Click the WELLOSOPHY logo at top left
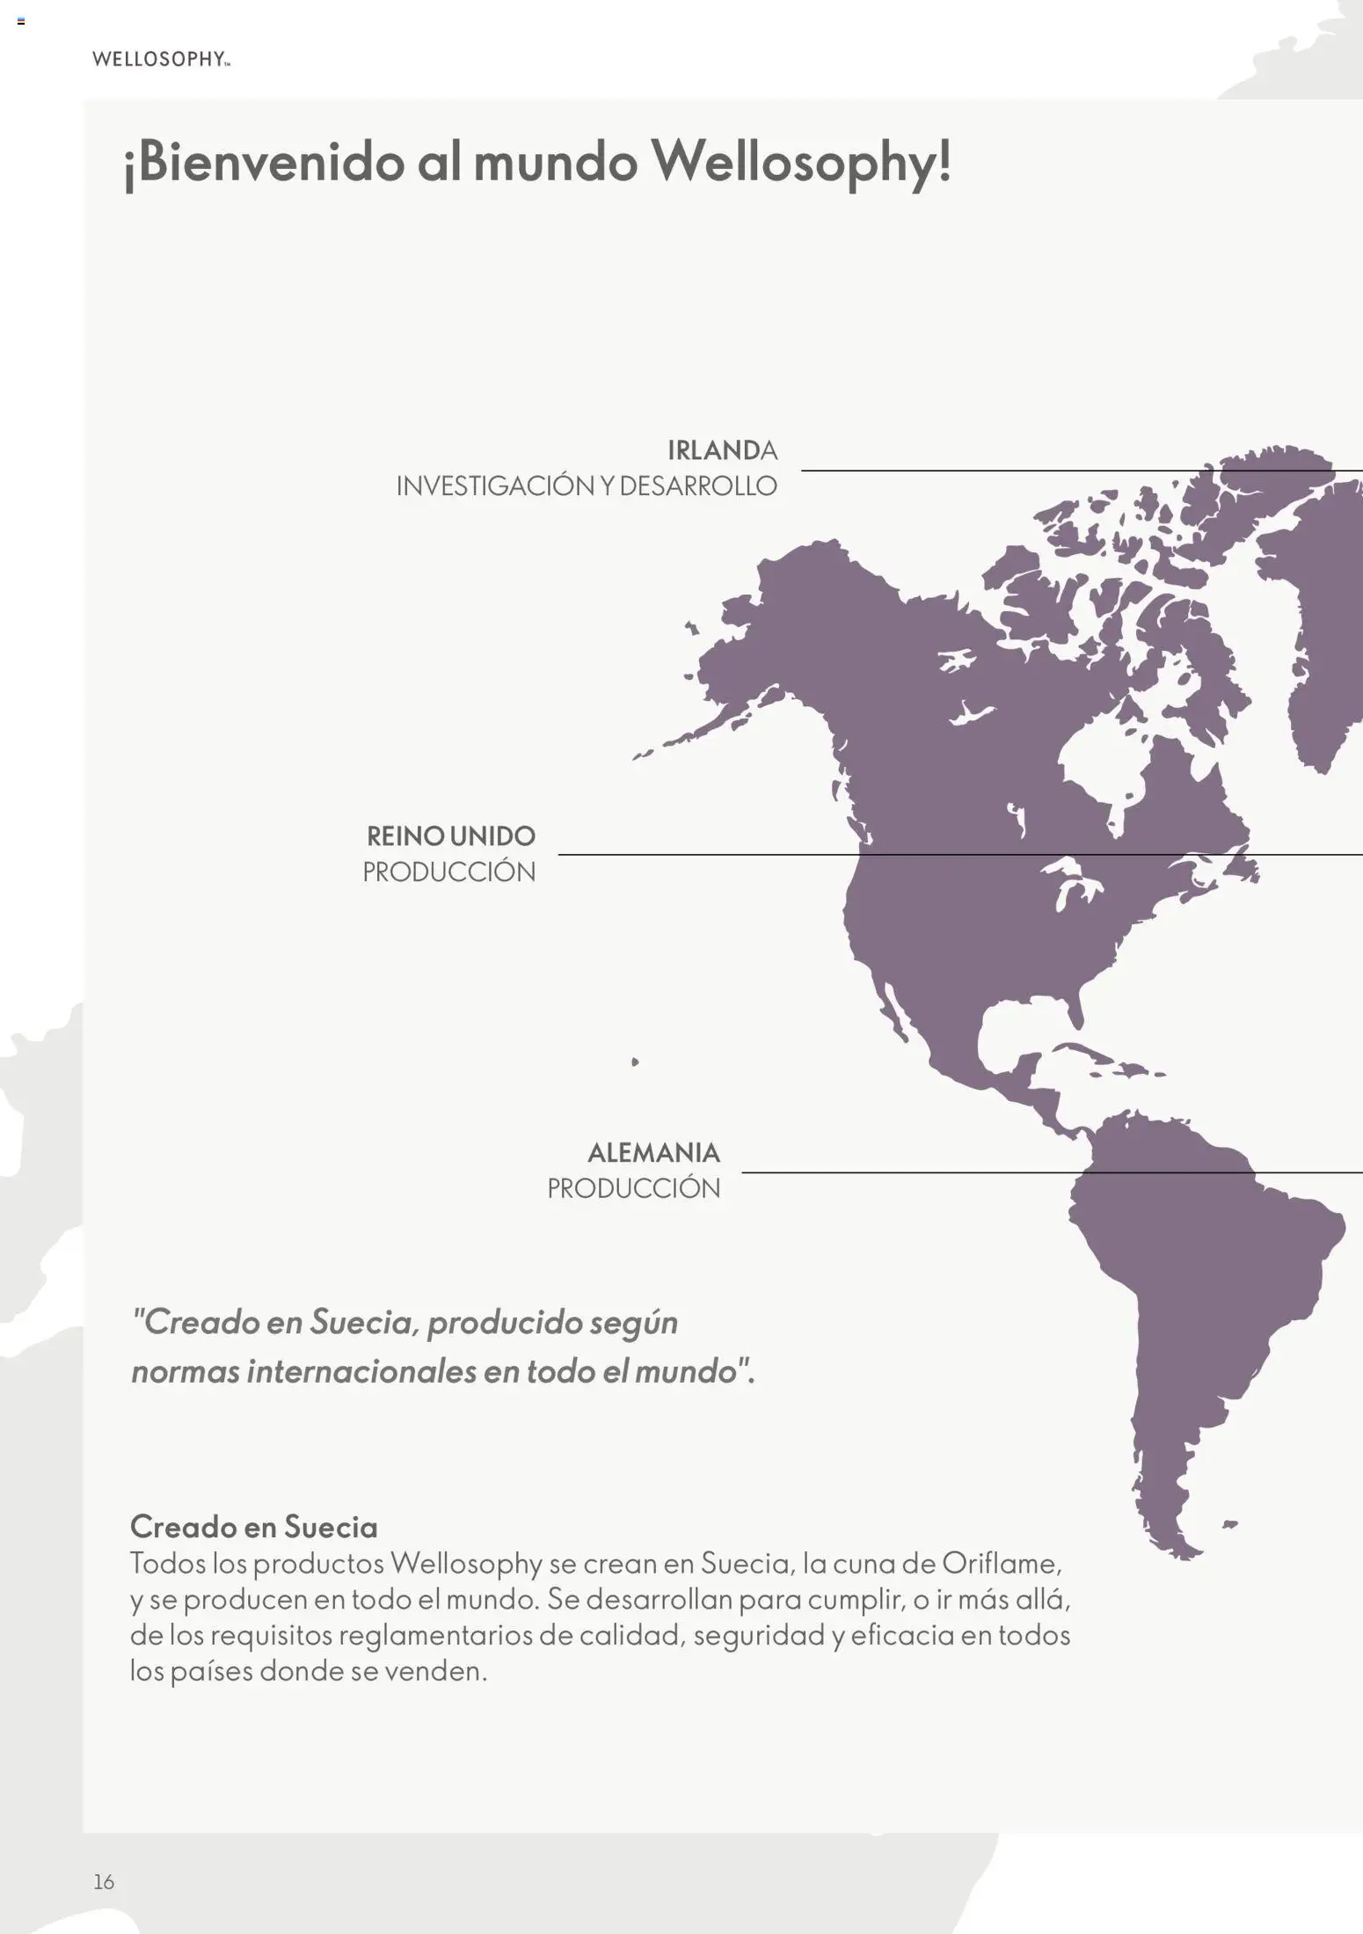click(161, 60)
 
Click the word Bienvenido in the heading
click(262, 164)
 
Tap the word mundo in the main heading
click(555, 164)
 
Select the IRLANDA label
click(722, 450)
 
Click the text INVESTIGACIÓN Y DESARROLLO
click(587, 486)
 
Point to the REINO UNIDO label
click(450, 836)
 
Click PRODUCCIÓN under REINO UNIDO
click(448, 872)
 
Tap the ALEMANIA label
click(653, 1152)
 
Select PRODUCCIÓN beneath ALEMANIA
click(633, 1189)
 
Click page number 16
click(104, 1881)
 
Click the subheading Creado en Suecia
click(253, 1526)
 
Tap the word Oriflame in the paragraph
click(1001, 1564)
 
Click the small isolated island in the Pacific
click(635, 1062)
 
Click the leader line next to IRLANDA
click(1055, 471)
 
